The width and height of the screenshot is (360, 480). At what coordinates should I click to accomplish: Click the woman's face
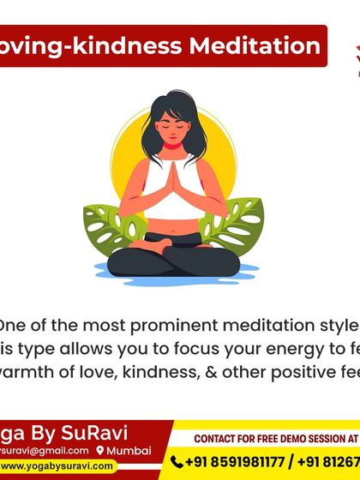pyautogui.click(x=177, y=136)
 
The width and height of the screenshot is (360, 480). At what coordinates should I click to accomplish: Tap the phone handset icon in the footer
pyautogui.click(x=177, y=462)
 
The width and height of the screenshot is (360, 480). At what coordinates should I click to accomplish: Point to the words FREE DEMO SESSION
pyautogui.click(x=284, y=439)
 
